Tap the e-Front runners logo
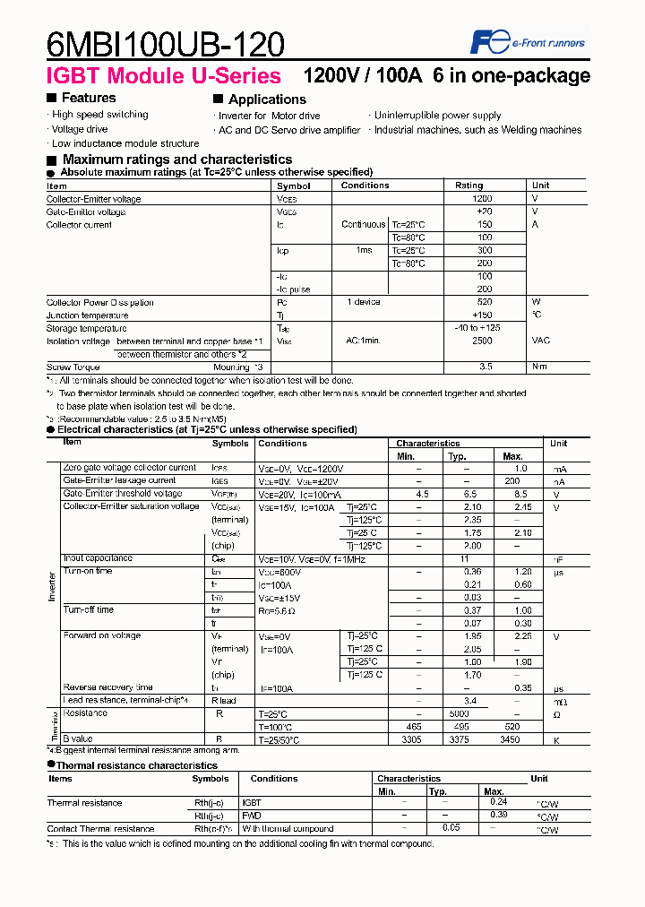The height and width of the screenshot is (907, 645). (x=528, y=41)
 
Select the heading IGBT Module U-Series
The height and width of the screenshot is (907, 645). (x=163, y=76)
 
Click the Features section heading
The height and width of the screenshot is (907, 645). (x=88, y=98)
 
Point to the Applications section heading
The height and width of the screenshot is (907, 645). (x=266, y=99)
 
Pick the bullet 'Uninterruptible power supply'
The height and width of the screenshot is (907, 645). (x=437, y=116)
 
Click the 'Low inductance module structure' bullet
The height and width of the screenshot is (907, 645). (x=125, y=143)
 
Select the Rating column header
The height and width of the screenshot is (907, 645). (x=469, y=186)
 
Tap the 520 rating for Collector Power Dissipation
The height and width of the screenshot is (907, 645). (x=484, y=303)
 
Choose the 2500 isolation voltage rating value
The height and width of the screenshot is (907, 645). (x=482, y=341)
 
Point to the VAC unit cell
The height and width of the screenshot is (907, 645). (x=541, y=341)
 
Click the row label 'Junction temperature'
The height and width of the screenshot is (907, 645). (x=87, y=315)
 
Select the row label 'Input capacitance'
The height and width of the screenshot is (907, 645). (x=98, y=558)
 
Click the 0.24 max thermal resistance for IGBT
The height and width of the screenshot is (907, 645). (x=499, y=802)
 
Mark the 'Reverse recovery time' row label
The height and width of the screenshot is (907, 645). (x=107, y=687)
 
